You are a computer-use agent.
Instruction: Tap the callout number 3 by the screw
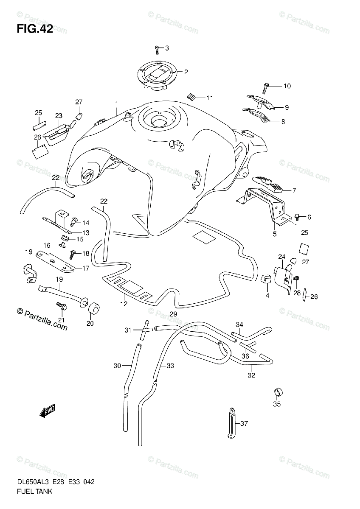tap(167, 48)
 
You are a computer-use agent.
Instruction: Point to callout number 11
tap(209, 98)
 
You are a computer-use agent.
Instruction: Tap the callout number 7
tap(293, 190)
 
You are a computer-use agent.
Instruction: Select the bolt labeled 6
tap(297, 217)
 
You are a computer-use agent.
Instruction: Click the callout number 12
tap(124, 303)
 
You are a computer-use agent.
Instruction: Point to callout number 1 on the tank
tap(115, 103)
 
